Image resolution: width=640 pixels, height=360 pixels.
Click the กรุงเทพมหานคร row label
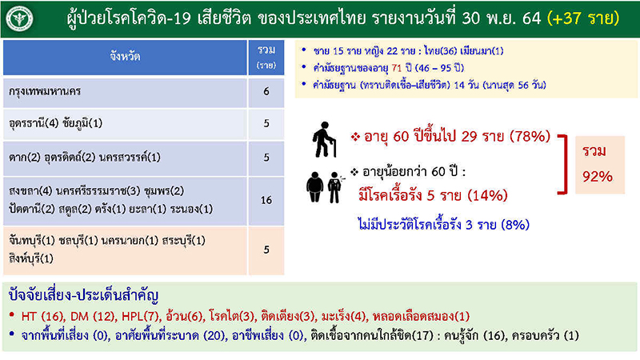coord(48,92)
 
